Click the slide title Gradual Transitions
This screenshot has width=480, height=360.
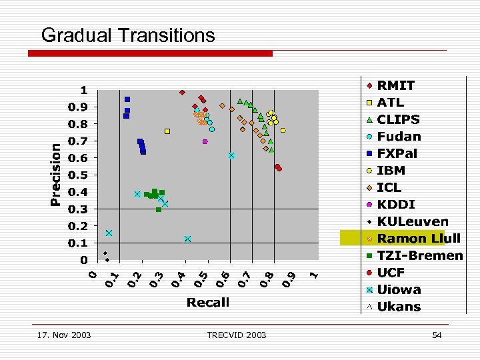pyautogui.click(x=128, y=35)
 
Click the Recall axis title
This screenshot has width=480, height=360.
pyautogui.click(x=208, y=302)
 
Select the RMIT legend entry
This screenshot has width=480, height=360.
pyautogui.click(x=395, y=85)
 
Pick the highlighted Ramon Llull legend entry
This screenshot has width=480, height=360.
pyautogui.click(x=410, y=239)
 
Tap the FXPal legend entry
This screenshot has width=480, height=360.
pyautogui.click(x=397, y=153)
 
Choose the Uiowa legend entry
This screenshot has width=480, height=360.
pyautogui.click(x=399, y=289)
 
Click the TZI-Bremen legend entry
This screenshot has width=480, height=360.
pyautogui.click(x=419, y=255)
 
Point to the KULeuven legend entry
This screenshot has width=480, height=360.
pyautogui.click(x=412, y=221)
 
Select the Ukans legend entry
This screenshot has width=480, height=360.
pyautogui.click(x=399, y=307)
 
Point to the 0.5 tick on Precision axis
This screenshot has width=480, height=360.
pyautogui.click(x=80, y=175)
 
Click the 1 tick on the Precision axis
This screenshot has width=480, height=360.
pyautogui.click(x=84, y=90)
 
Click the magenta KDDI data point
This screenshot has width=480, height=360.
pyautogui.click(x=205, y=141)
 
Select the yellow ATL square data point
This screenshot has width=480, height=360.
pyautogui.click(x=167, y=131)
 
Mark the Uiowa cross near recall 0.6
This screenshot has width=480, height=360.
pyautogui.click(x=231, y=155)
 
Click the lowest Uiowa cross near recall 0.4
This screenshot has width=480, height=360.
pyautogui.click(x=188, y=239)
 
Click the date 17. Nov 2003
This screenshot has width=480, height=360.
pyautogui.click(x=65, y=335)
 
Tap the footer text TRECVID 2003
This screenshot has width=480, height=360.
pyautogui.click(x=237, y=335)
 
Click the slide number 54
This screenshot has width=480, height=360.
pyautogui.click(x=437, y=335)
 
